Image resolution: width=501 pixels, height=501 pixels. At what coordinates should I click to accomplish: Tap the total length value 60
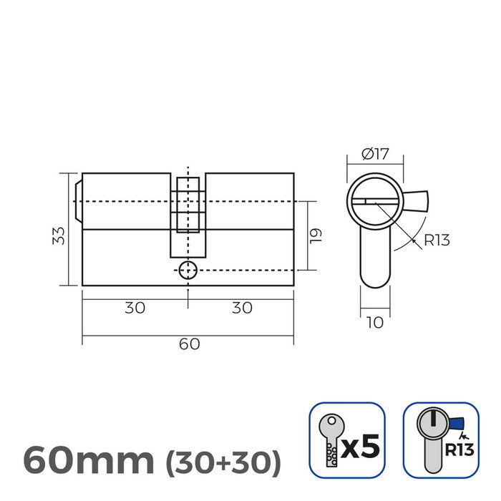tap(188, 344)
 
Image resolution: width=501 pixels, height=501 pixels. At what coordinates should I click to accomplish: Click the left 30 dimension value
tap(135, 308)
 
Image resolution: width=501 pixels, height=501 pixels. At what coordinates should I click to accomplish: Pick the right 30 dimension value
tap(242, 308)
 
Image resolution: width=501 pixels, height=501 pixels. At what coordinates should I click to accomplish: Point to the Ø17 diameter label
tap(375, 152)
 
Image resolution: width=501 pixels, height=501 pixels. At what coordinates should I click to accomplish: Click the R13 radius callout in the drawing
tap(437, 240)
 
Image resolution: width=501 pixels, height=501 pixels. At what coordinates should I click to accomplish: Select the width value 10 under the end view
tap(374, 323)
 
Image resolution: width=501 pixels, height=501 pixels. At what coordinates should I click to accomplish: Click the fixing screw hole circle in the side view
tap(188, 271)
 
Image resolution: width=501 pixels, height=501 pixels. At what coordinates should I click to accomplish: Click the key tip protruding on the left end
tap(77, 201)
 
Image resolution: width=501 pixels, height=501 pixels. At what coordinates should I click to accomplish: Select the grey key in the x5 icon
tap(329, 439)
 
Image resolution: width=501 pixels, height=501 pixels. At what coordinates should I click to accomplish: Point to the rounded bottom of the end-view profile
tap(374, 279)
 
